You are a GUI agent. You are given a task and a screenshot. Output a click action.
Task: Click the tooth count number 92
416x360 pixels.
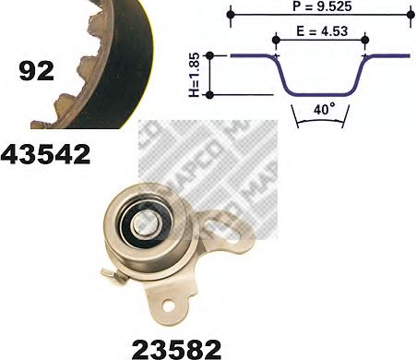point(36,71)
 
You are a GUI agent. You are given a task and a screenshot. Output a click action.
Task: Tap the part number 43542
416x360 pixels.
point(45,155)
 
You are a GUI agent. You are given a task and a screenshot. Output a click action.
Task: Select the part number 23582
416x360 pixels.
point(176,349)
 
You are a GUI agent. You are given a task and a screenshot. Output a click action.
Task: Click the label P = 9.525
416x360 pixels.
point(322,6)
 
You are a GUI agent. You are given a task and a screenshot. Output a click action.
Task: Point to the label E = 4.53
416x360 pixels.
point(322,31)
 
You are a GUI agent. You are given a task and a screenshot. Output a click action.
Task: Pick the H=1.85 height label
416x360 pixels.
point(195,75)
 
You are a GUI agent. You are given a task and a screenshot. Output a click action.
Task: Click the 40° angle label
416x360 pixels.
point(325,109)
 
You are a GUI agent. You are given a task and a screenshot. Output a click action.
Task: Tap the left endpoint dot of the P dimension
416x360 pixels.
point(231,14)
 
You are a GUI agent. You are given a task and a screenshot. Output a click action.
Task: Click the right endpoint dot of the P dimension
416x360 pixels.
point(410,14)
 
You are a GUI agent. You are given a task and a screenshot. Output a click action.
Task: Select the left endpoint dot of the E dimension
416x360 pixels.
point(276,40)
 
